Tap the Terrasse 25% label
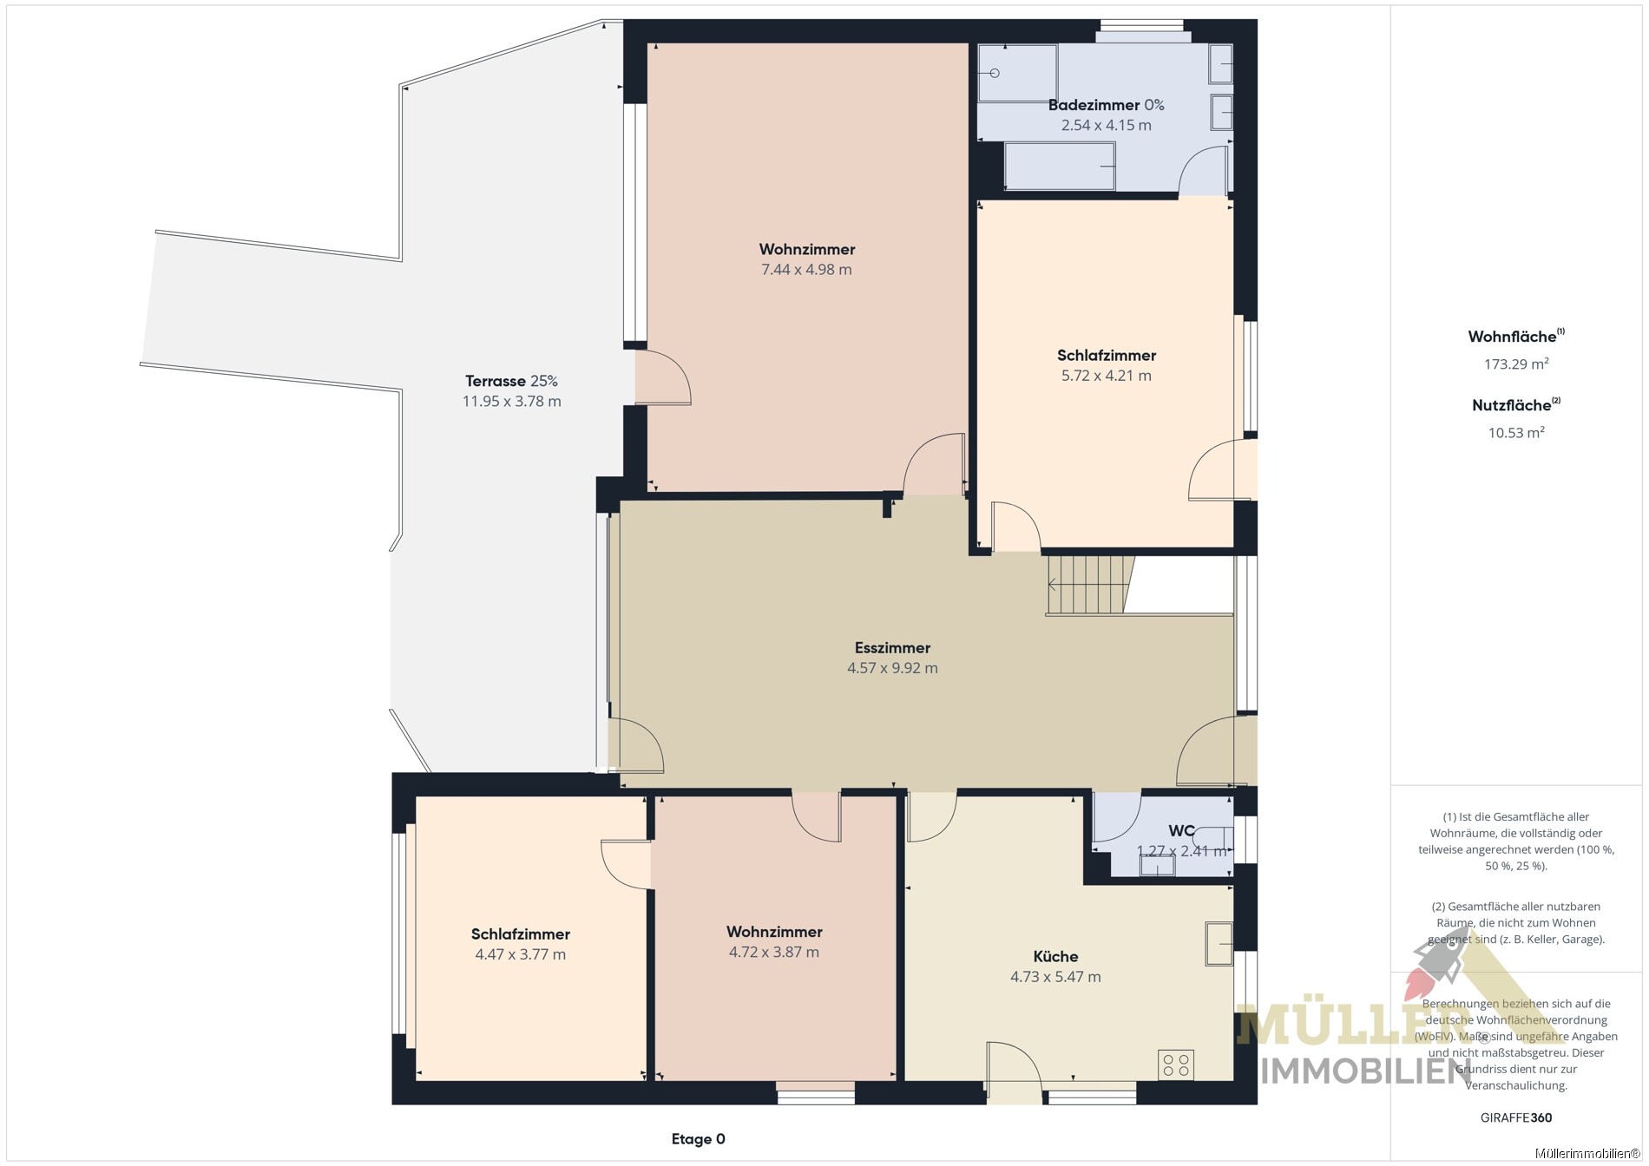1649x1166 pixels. tap(511, 381)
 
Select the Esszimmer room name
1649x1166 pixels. tap(892, 647)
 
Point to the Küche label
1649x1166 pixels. tap(1055, 956)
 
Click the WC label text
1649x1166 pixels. tap(1181, 830)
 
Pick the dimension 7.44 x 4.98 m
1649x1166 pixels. tap(806, 270)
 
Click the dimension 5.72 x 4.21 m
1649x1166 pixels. tap(1107, 376)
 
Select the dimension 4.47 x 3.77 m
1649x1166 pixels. tap(520, 954)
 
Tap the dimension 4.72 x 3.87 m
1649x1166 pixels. tap(774, 952)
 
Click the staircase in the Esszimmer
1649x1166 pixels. tap(1091, 585)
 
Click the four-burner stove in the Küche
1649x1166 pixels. tap(1176, 1065)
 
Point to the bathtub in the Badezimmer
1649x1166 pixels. tap(1060, 167)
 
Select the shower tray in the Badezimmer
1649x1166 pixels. tap(1017, 73)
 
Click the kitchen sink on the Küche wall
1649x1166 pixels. tap(1219, 944)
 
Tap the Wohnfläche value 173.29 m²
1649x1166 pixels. tap(1516, 364)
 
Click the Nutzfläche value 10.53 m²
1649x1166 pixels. tap(1516, 432)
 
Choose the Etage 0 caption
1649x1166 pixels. tap(698, 1139)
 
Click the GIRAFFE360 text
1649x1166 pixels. tap(1516, 1117)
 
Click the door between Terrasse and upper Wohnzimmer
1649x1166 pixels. tap(663, 377)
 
